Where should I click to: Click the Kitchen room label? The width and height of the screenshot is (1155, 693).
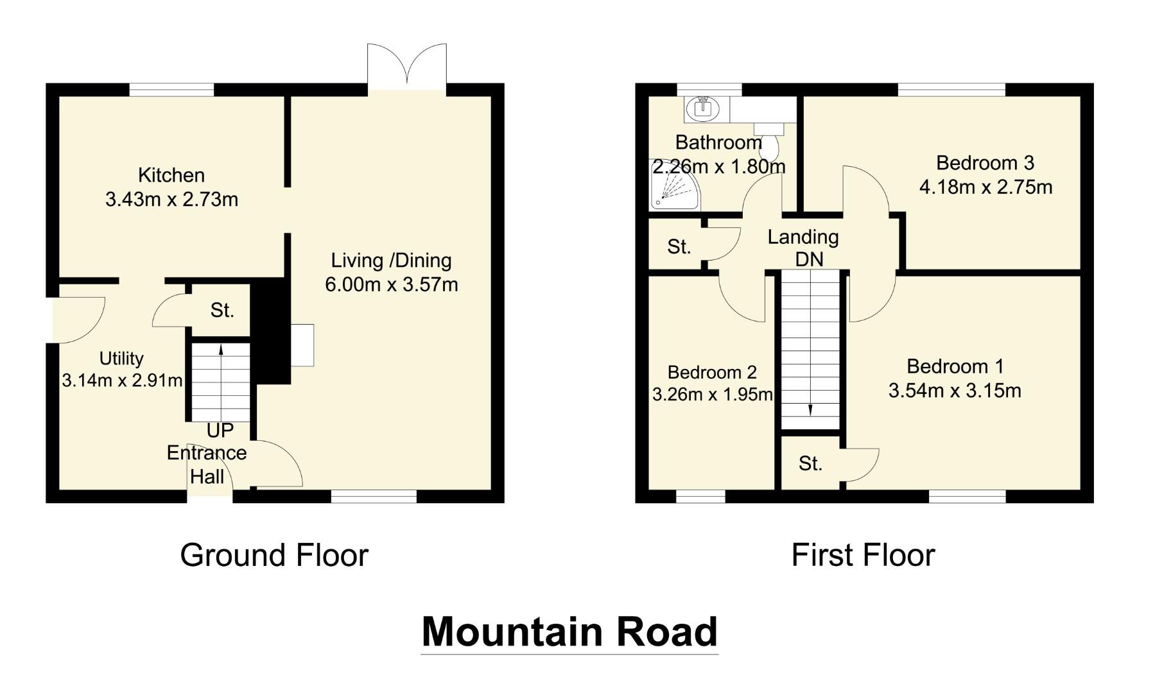[171, 175]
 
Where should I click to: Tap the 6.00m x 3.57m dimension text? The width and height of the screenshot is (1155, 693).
[391, 284]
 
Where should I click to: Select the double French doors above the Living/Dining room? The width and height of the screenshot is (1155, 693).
[407, 67]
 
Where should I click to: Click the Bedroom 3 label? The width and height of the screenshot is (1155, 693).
[985, 163]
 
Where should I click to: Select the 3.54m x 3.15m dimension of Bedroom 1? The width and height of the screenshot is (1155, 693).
[955, 391]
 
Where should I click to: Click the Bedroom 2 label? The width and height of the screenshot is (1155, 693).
[712, 372]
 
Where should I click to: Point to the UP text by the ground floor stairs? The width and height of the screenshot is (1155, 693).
[220, 430]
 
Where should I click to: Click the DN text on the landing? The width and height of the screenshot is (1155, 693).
[809, 259]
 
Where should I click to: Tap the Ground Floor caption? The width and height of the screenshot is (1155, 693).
[274, 555]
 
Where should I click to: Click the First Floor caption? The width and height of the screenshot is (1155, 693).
[863, 555]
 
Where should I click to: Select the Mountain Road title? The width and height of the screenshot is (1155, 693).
[569, 631]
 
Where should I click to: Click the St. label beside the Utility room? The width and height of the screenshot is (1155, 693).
[222, 311]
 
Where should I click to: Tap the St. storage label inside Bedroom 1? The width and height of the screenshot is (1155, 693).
[810, 463]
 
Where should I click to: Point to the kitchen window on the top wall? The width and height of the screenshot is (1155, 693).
[171, 90]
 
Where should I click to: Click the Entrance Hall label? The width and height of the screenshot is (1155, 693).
[207, 465]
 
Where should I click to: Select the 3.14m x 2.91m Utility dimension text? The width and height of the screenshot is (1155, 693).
[122, 381]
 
